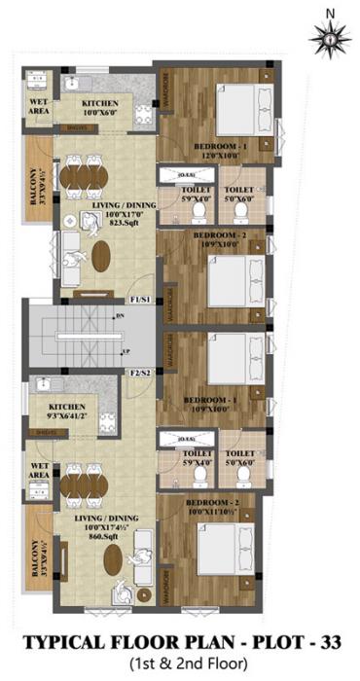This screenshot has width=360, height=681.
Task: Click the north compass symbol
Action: [331, 37]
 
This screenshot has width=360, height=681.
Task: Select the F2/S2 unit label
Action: [139, 373]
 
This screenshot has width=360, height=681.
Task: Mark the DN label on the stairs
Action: [119, 316]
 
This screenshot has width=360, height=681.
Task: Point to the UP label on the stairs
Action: [126, 351]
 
